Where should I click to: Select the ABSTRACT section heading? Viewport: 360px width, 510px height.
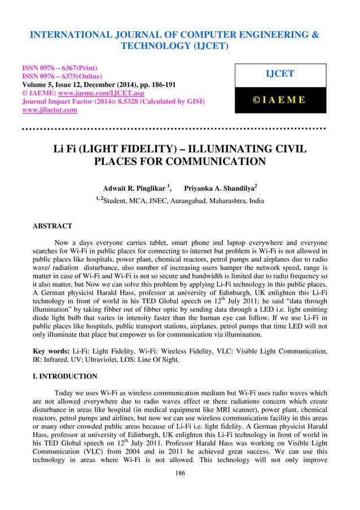[x=53, y=226]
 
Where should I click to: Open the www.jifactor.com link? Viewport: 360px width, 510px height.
[x=49, y=110]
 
